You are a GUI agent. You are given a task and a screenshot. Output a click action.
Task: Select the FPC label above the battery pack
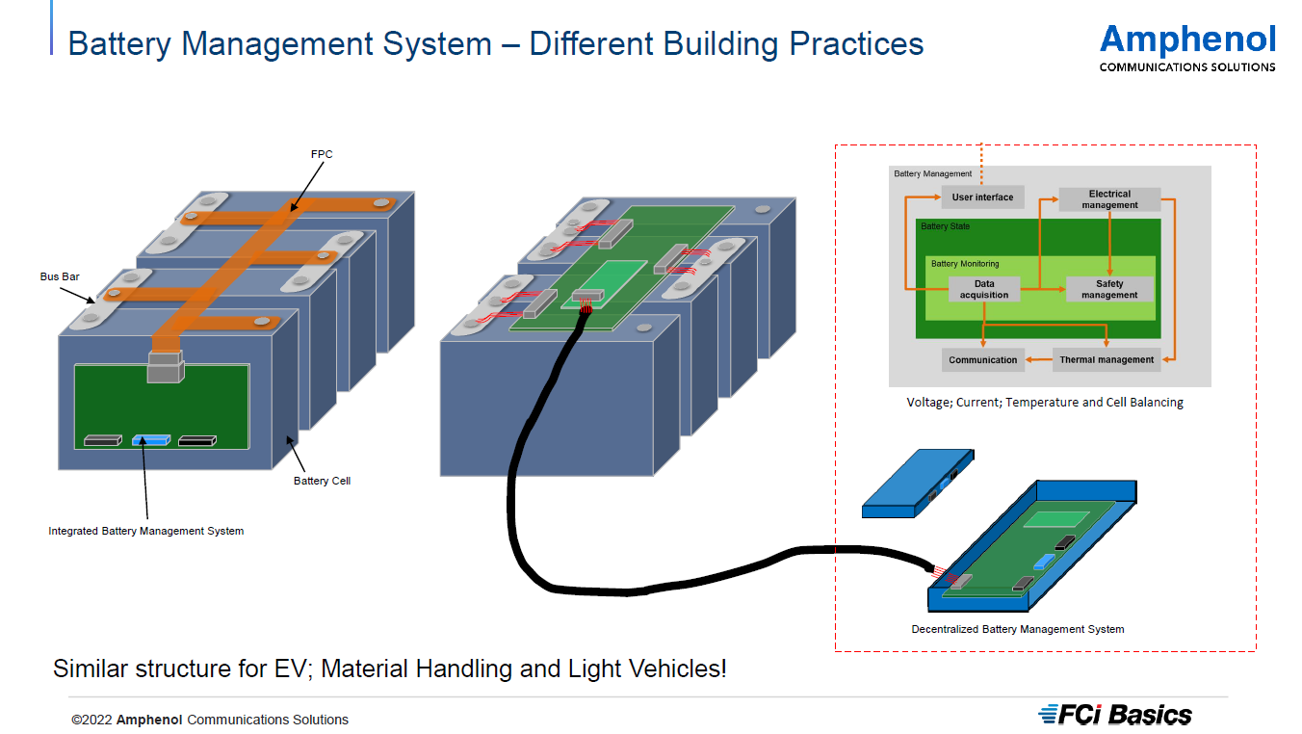tap(322, 154)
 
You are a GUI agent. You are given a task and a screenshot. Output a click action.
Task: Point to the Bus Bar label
tap(60, 276)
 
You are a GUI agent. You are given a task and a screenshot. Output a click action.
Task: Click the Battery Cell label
tap(322, 481)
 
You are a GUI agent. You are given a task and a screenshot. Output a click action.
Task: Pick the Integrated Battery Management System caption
tap(146, 531)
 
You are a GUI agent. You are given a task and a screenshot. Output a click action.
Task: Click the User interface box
tap(982, 197)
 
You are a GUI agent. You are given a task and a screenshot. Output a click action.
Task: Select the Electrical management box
tap(1109, 199)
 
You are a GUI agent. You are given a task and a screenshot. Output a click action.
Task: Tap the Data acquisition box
tap(984, 289)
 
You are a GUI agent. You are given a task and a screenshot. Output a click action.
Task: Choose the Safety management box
tap(1109, 289)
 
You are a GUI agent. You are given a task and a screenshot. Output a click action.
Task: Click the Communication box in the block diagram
tap(982, 360)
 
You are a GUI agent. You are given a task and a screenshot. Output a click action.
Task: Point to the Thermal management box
tap(1107, 360)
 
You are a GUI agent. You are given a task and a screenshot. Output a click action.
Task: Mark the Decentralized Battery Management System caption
tap(1018, 629)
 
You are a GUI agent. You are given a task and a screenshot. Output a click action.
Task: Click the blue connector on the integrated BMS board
tap(150, 440)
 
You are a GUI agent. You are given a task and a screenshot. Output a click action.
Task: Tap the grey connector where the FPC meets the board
tap(164, 367)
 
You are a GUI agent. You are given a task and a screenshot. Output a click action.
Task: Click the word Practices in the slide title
tap(855, 43)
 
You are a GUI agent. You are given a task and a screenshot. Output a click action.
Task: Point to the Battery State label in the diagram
tap(946, 226)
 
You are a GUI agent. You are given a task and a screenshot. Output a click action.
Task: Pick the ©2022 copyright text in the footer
tap(210, 720)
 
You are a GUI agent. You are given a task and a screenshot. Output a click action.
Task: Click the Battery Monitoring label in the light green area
tap(965, 264)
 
